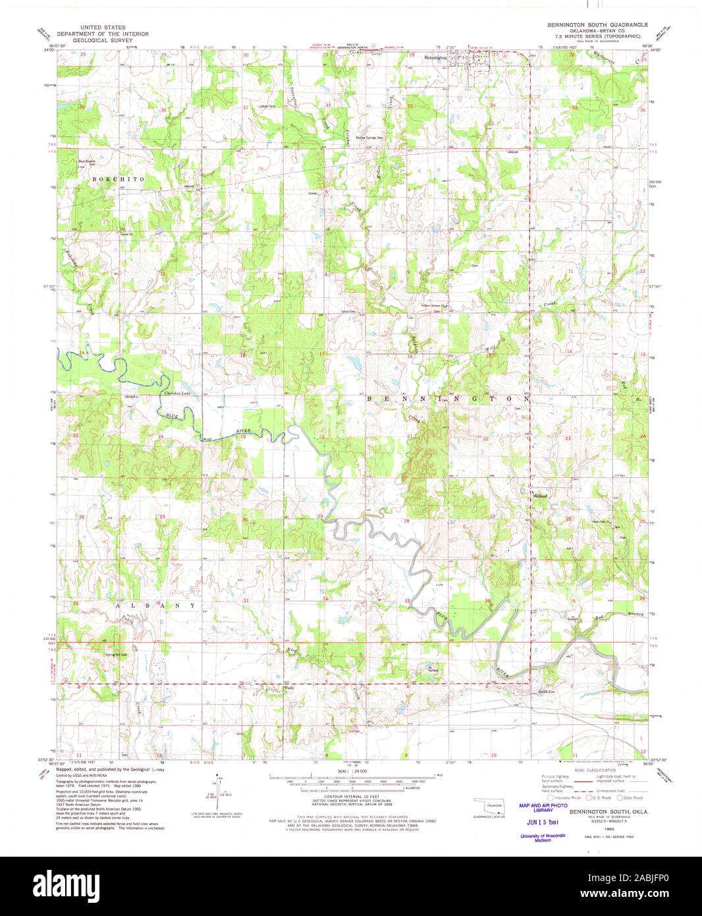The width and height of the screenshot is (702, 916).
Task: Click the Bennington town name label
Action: click(x=436, y=57)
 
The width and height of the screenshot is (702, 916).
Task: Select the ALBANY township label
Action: click(x=155, y=605)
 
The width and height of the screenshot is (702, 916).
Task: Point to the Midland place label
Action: click(x=540, y=496)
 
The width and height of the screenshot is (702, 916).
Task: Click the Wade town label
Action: click(x=287, y=688)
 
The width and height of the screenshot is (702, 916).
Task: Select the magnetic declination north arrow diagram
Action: click(x=213, y=799)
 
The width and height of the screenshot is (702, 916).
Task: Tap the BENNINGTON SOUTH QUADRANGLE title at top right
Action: click(x=589, y=24)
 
